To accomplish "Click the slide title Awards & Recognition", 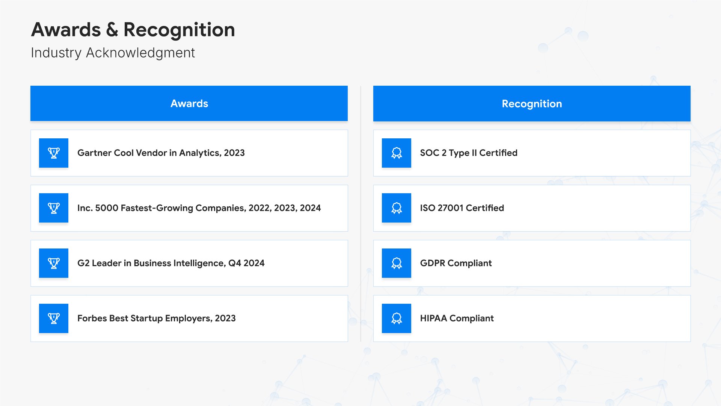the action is click(x=133, y=30).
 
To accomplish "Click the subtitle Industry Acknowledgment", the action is click(x=113, y=53).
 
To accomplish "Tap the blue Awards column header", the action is click(x=189, y=103).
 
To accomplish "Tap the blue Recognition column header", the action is click(x=532, y=103).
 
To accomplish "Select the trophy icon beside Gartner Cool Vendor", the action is click(x=54, y=153).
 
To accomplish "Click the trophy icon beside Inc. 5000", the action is click(x=54, y=208).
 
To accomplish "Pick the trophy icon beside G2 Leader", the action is click(x=54, y=263).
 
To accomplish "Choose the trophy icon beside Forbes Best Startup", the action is click(x=54, y=318).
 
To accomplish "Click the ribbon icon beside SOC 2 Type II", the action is click(x=397, y=153).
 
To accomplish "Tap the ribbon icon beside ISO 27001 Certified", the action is click(x=397, y=208).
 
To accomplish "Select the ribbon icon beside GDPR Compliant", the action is click(x=397, y=263).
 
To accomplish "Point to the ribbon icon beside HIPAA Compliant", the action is click(x=397, y=318).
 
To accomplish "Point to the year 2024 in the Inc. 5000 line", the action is click(x=310, y=208).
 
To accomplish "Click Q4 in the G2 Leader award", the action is click(x=235, y=263).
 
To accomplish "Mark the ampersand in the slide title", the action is click(x=112, y=30).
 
